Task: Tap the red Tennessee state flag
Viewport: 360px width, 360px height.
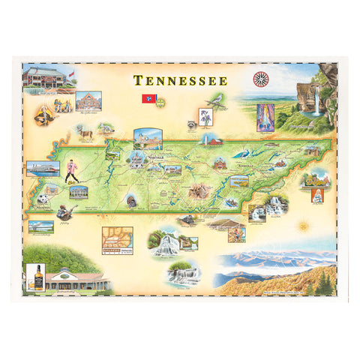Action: coord(148,98)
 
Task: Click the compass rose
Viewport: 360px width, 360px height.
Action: coord(262,77)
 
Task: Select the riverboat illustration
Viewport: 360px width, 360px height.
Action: coord(43,168)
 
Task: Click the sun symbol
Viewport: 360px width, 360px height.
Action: coord(304,225)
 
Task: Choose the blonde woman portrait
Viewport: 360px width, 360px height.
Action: coord(318,194)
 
